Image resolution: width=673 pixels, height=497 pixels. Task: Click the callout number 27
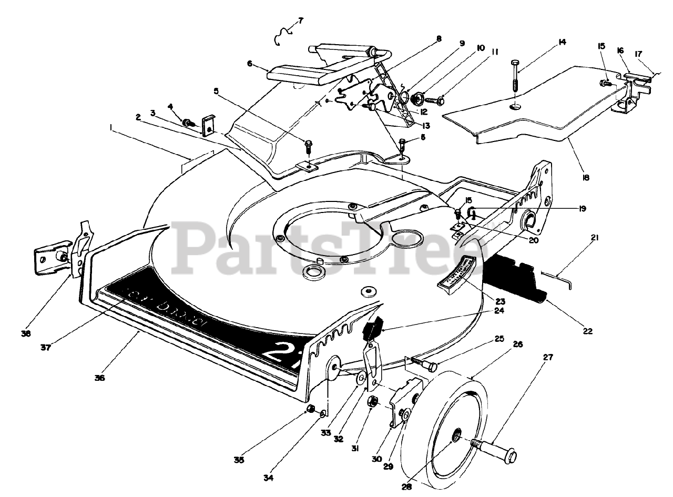pyautogui.click(x=548, y=357)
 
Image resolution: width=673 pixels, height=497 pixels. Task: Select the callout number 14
pyautogui.click(x=562, y=42)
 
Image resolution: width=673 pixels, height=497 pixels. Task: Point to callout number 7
pyautogui.click(x=300, y=21)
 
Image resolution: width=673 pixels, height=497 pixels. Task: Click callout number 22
pyautogui.click(x=587, y=331)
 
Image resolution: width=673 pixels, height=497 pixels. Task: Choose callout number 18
pyautogui.click(x=586, y=178)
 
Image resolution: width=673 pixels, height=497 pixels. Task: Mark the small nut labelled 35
pyautogui.click(x=310, y=410)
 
